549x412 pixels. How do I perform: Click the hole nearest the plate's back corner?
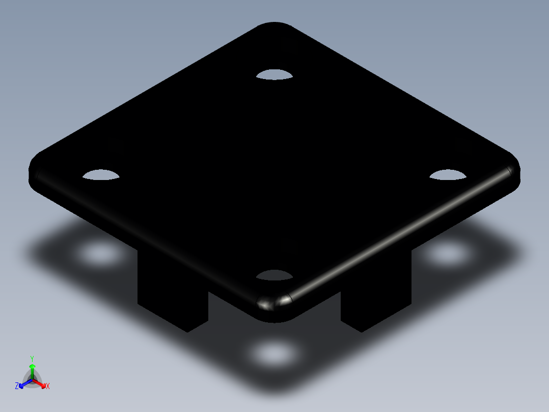tap(274, 75)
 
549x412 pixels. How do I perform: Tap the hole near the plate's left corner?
tap(101, 175)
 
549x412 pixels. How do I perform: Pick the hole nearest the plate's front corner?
tap(274, 275)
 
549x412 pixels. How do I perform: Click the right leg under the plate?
tap(376, 301)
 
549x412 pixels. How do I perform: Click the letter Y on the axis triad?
tap(32, 358)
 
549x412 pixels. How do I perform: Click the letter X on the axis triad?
tap(48, 387)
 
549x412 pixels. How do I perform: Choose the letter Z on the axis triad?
tap(17, 387)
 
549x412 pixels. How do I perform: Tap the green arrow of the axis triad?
tap(32, 368)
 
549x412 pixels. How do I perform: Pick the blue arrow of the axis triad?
tap(22, 384)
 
